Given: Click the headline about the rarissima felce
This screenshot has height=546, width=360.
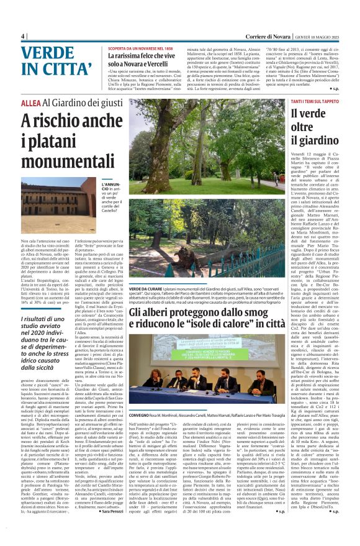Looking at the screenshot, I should pos(150,60).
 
